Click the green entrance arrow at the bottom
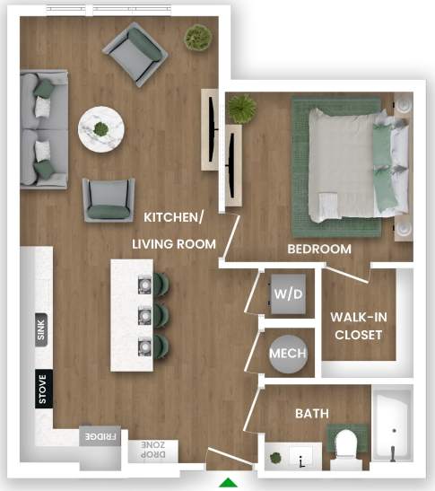click(230, 483)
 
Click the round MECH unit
click(289, 353)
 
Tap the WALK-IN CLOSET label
click(358, 326)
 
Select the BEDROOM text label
click(318, 249)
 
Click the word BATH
click(312, 413)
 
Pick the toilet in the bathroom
click(346, 446)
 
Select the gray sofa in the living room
click(44, 129)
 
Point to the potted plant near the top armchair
click(198, 38)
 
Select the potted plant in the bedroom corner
click(241, 108)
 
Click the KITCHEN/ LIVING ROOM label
click(174, 230)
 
